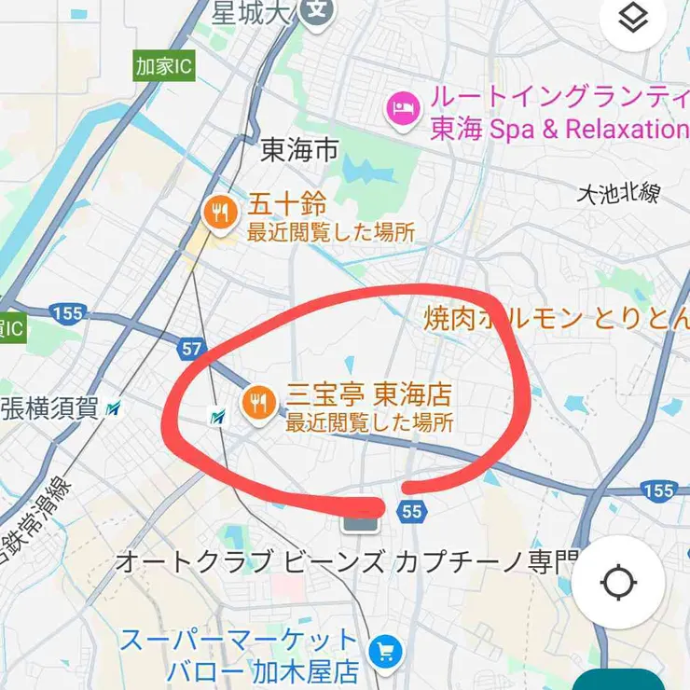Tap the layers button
(x=633, y=20)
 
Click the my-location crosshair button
(x=619, y=583)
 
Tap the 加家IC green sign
(x=164, y=67)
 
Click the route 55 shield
(x=412, y=511)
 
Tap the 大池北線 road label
(x=618, y=193)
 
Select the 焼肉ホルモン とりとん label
(x=556, y=319)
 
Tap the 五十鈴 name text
(x=286, y=202)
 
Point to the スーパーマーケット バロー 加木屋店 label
(x=240, y=655)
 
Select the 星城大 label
(x=249, y=12)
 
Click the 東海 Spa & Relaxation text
(x=558, y=130)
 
